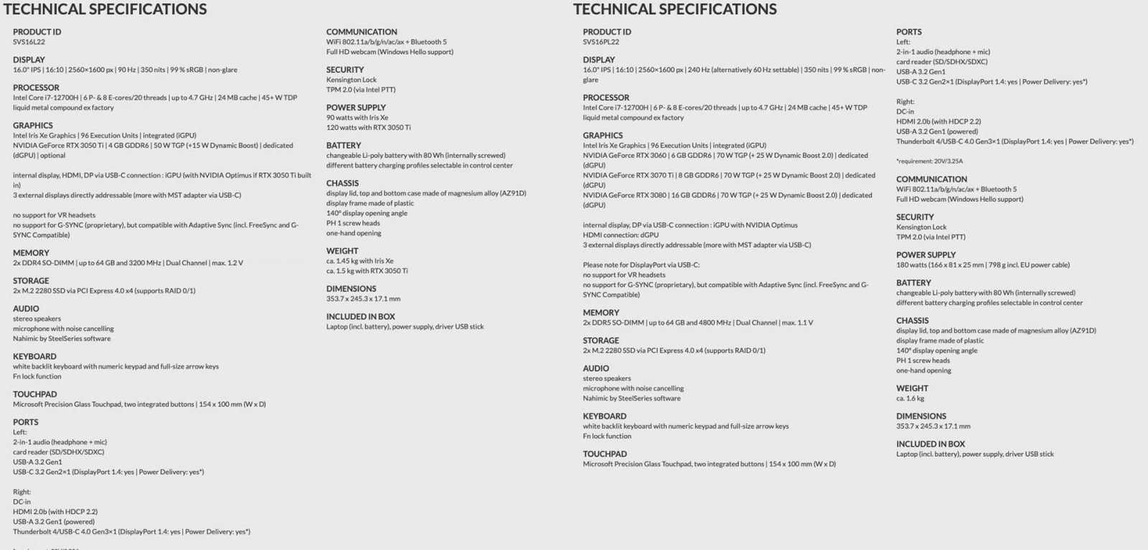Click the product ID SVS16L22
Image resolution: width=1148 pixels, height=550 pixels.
(29, 42)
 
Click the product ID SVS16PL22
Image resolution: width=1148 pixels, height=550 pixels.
(601, 42)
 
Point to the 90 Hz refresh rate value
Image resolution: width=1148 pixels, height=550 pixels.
(126, 70)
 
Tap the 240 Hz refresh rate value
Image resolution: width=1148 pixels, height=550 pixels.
(700, 70)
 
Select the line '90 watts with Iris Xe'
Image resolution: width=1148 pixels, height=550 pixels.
(357, 117)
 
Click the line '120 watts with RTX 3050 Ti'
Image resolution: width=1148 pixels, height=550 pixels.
(368, 127)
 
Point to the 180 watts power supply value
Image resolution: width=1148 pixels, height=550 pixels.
(912, 265)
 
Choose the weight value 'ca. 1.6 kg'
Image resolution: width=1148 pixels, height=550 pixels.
(910, 398)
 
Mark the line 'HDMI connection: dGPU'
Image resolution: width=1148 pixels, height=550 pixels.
(620, 235)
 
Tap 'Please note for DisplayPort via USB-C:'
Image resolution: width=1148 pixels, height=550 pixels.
(641, 265)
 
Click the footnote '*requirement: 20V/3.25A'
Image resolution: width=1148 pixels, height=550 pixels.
(929, 162)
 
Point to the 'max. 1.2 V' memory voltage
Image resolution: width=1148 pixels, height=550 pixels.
(227, 263)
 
